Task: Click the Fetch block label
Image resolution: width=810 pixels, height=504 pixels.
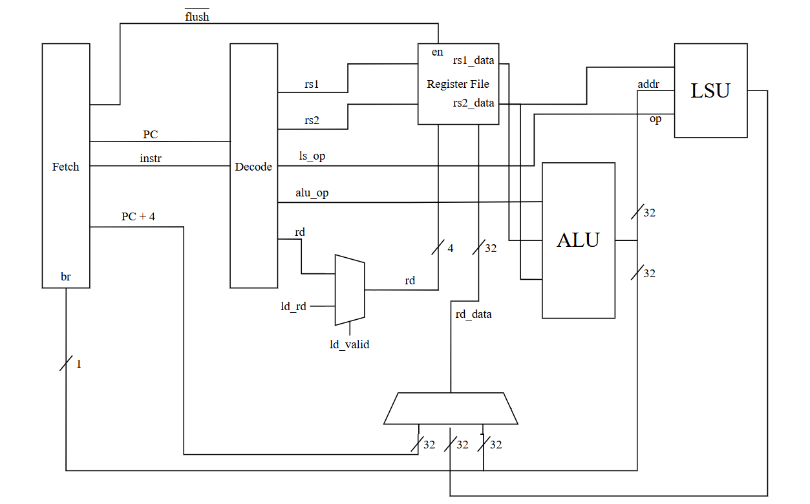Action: [x=65, y=167]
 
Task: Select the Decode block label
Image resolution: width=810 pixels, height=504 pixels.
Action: [x=253, y=167]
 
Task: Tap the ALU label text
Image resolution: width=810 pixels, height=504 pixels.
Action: [x=578, y=240]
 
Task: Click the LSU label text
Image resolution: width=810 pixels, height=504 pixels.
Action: [x=710, y=91]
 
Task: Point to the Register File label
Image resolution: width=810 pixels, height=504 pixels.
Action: [x=458, y=84]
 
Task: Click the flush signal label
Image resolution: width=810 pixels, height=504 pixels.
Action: [x=197, y=17]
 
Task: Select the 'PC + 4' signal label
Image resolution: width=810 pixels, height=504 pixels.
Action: [x=138, y=216]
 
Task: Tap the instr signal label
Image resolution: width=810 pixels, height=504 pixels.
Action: [x=151, y=158]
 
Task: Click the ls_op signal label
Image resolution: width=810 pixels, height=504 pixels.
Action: [x=307, y=156]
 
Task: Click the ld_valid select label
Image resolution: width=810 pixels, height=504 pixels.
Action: [x=349, y=344]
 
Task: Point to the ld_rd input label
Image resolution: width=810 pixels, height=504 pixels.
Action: [x=293, y=306]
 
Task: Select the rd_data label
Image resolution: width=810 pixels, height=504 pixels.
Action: [x=473, y=314]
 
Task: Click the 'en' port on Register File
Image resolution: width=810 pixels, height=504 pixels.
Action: [x=437, y=52]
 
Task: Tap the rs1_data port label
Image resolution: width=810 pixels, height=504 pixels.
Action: [x=474, y=61]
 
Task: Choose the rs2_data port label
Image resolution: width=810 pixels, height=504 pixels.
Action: [x=474, y=103]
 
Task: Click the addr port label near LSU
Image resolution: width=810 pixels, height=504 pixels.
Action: [x=648, y=85]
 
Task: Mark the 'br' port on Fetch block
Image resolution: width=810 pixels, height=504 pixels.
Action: [x=65, y=277]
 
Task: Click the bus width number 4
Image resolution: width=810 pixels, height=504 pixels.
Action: [x=450, y=248]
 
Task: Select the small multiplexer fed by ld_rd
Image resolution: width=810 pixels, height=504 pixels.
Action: [x=349, y=289]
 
